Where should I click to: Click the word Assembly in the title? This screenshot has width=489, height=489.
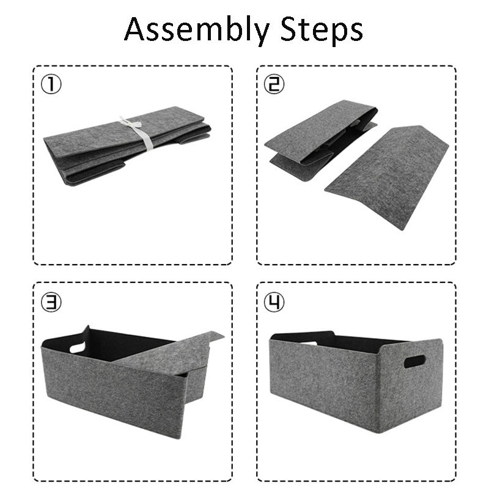pyautogui.click(x=196, y=30)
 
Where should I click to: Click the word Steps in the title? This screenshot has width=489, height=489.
pyautogui.click(x=322, y=30)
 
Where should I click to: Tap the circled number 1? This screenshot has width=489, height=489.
pyautogui.click(x=51, y=84)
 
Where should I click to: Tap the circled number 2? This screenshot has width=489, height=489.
pyautogui.click(x=274, y=84)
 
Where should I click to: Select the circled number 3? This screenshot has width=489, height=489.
pyautogui.click(x=51, y=301)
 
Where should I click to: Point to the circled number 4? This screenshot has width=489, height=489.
pyautogui.click(x=274, y=301)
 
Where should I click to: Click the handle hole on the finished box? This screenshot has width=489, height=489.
pyautogui.click(x=414, y=361)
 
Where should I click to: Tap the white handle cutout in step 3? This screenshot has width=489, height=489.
pyautogui.click(x=77, y=347)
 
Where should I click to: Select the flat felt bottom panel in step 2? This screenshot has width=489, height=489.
pyautogui.click(x=387, y=177)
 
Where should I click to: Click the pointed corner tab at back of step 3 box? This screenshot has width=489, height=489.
pyautogui.click(x=86, y=329)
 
